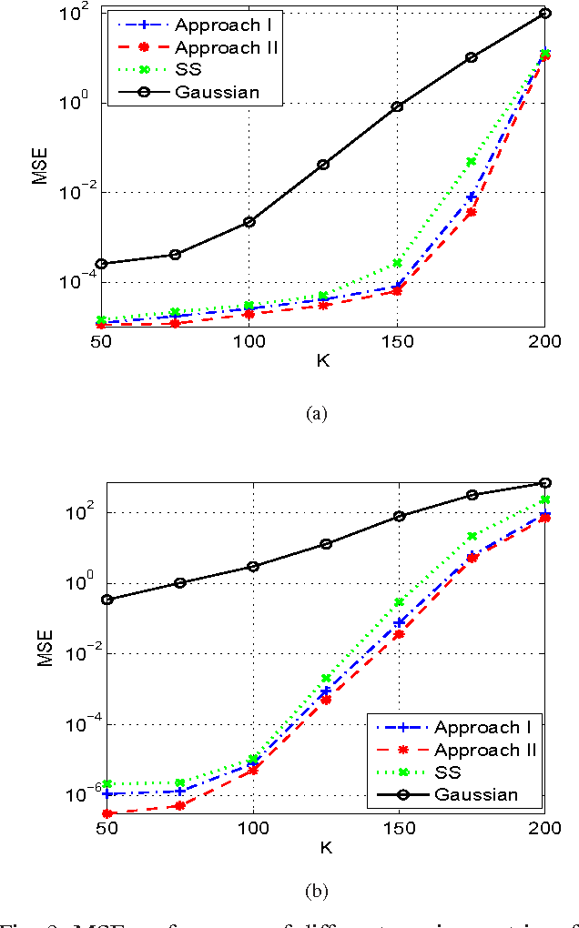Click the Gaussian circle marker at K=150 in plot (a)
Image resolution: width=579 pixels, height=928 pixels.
(397, 106)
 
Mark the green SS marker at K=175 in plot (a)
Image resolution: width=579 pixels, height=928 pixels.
(471, 162)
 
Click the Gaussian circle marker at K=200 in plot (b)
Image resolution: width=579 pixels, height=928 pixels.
(544, 482)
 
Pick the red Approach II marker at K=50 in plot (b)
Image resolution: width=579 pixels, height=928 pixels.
(107, 813)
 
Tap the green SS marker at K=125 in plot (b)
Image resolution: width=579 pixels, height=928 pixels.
(325, 678)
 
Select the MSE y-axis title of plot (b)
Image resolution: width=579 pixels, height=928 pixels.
(45, 647)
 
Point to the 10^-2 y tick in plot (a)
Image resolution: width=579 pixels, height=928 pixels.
(78, 192)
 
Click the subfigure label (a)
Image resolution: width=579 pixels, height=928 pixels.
(317, 413)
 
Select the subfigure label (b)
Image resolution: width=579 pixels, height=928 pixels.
(317, 890)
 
